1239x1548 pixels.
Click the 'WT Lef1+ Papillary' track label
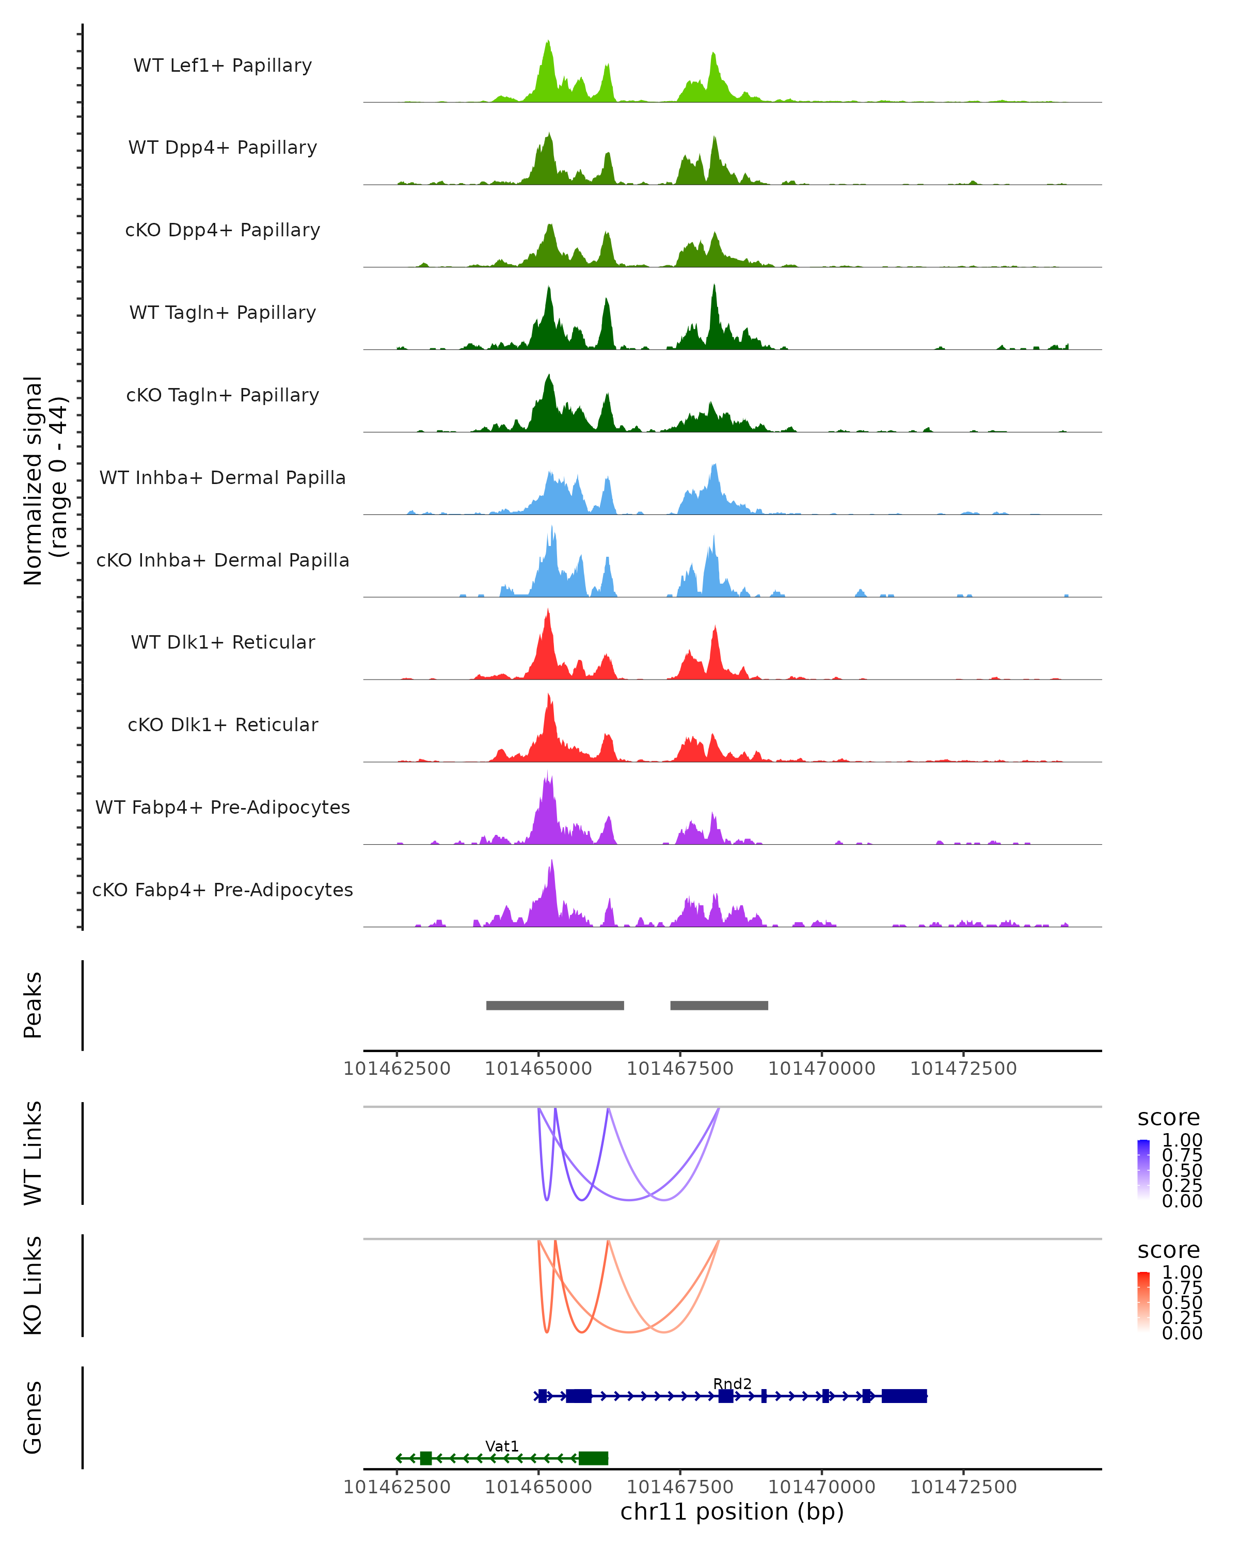click(x=223, y=66)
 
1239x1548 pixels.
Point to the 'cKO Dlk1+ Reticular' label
click(x=223, y=724)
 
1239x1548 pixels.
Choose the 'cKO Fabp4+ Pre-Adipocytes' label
click(x=223, y=890)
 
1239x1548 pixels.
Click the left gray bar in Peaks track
click(x=554, y=1005)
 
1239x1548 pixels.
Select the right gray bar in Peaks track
click(x=719, y=1005)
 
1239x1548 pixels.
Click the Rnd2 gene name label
click(x=732, y=1383)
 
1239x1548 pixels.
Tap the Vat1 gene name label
click(x=501, y=1446)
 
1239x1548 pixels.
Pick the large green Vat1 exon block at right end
click(x=593, y=1458)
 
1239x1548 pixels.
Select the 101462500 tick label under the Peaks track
click(x=396, y=1069)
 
